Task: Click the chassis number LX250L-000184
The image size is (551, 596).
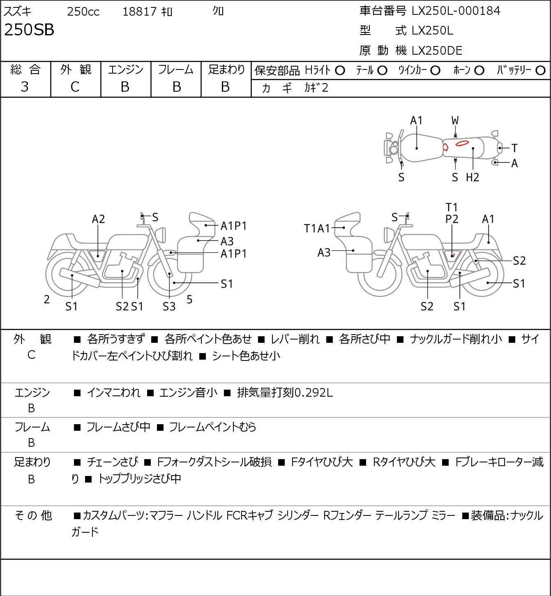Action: click(456, 11)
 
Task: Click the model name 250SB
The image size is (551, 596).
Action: click(29, 30)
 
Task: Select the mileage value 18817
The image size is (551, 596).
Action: click(140, 12)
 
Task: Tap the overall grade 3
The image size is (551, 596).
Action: click(25, 87)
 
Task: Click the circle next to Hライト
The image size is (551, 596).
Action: click(340, 71)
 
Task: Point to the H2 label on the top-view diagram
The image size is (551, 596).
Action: click(473, 178)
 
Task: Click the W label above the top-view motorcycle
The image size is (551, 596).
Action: click(455, 120)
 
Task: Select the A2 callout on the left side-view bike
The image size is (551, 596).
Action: click(98, 219)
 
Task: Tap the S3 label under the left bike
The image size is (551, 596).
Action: click(169, 307)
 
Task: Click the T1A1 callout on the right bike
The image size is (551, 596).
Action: click(317, 229)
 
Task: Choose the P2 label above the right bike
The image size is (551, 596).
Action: click(452, 219)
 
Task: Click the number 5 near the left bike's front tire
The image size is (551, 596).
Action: click(189, 300)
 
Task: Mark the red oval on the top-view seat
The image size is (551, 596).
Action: click(462, 143)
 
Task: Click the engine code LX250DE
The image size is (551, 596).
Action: click(437, 51)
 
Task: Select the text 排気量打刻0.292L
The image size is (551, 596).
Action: click(285, 393)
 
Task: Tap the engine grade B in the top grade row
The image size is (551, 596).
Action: click(125, 87)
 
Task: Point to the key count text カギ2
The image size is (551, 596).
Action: click(316, 88)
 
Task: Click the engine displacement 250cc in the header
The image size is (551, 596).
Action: click(83, 12)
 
